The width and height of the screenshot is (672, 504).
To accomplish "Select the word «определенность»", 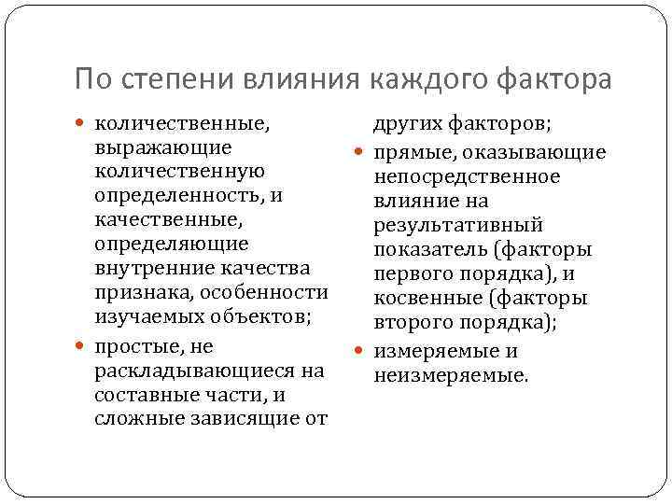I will pyautogui.click(x=178, y=196).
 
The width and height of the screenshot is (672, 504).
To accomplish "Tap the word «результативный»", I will pyautogui.click(x=458, y=226).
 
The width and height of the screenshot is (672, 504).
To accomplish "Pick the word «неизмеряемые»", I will pyautogui.click(x=450, y=376).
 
